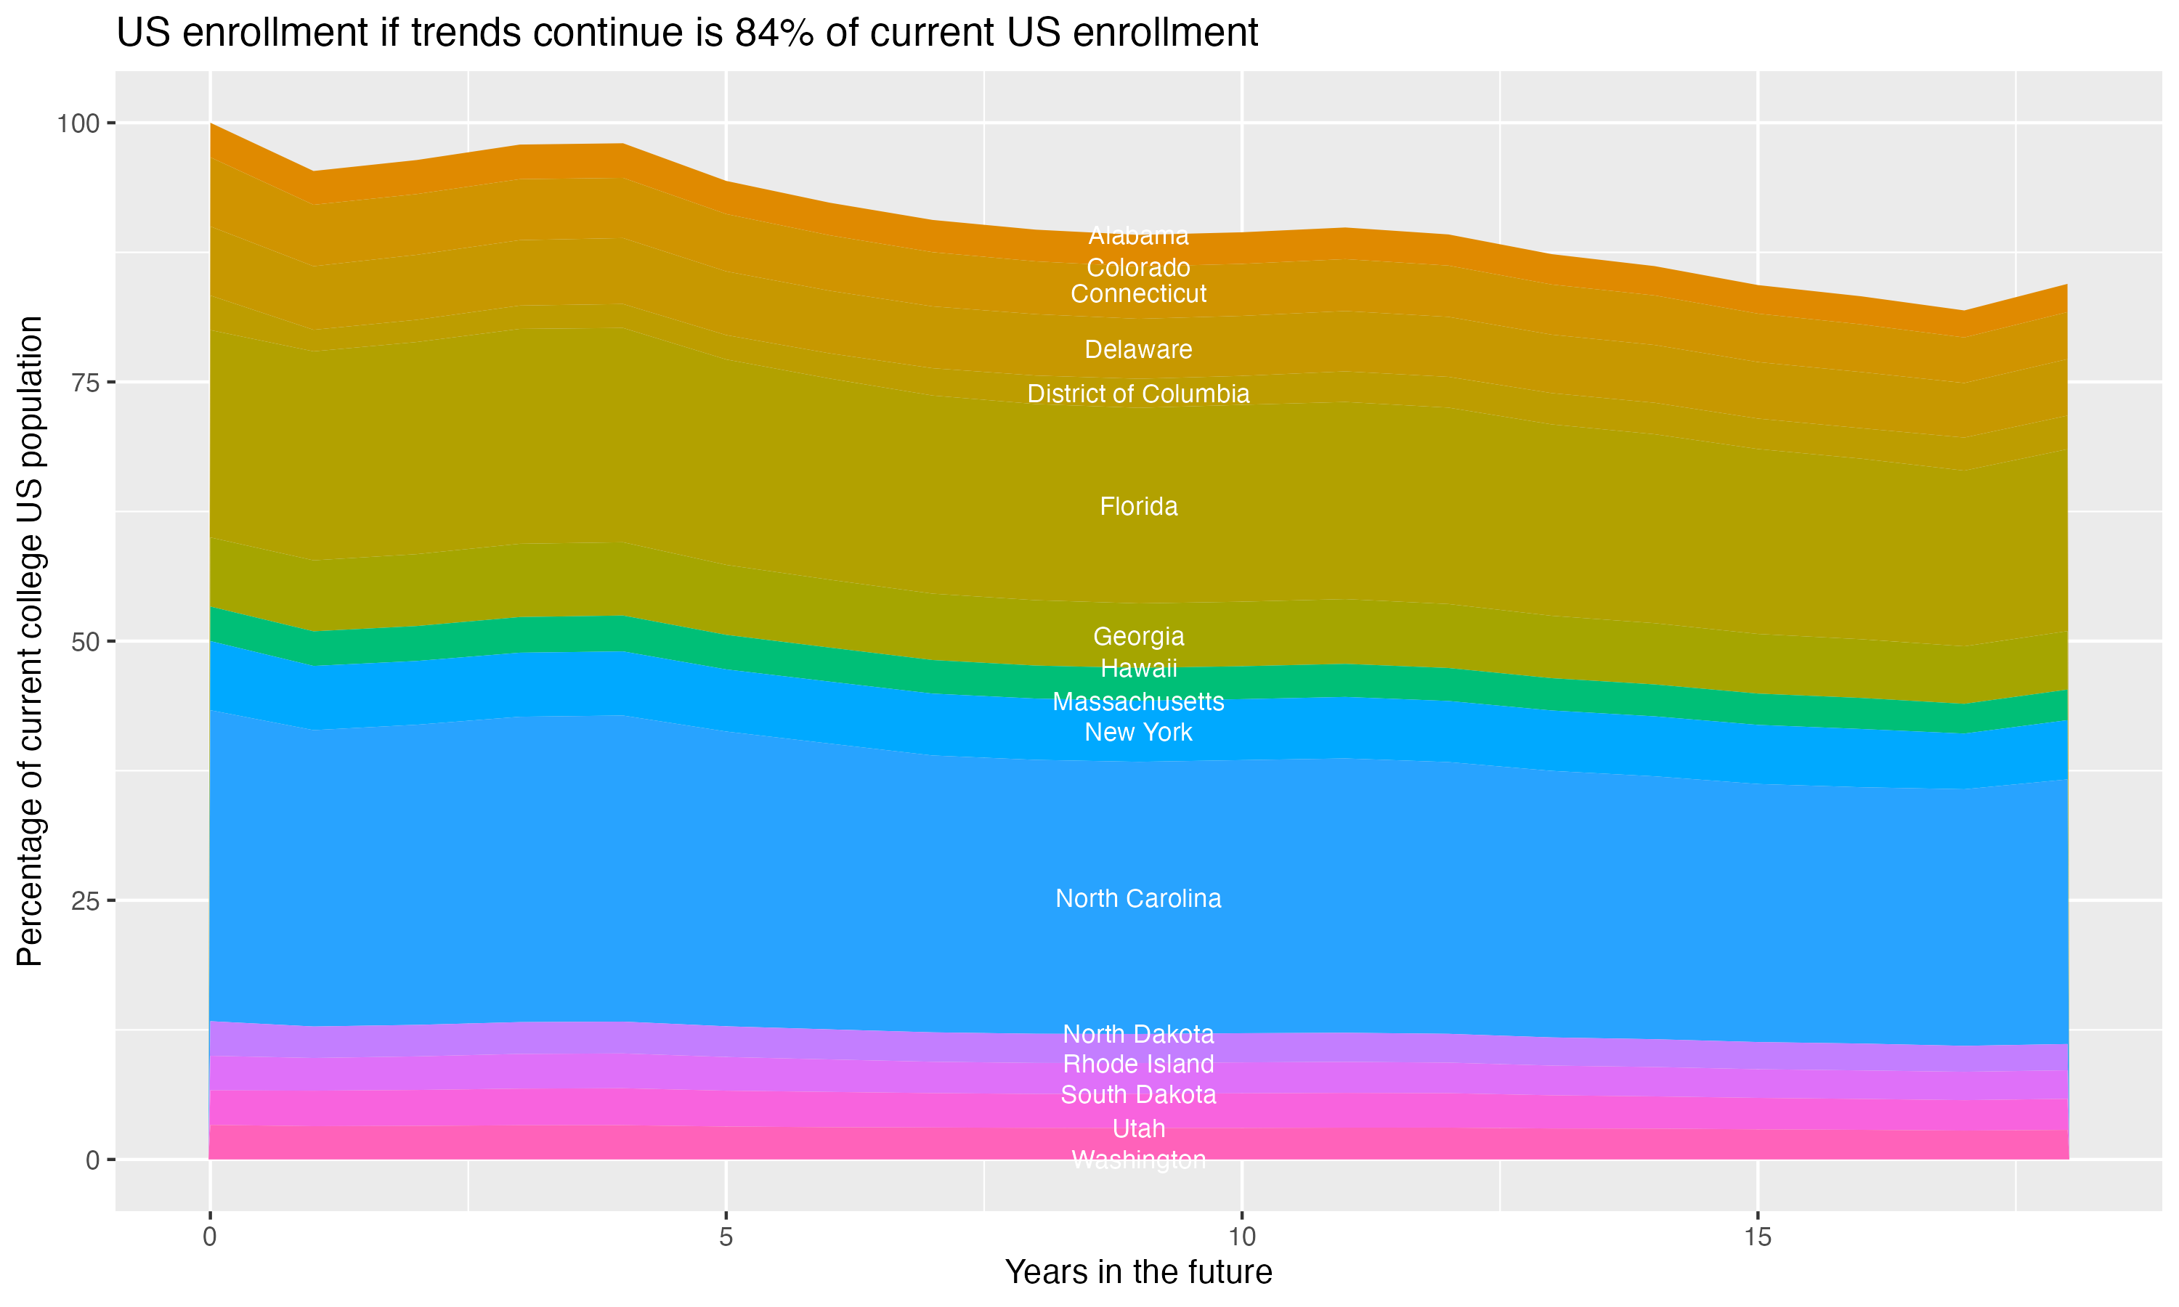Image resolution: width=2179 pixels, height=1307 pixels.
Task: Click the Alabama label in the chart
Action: (1138, 236)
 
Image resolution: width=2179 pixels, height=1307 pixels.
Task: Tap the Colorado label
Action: (1138, 267)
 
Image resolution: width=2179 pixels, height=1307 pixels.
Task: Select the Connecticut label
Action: (1138, 293)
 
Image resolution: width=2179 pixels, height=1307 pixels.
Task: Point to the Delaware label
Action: (1138, 350)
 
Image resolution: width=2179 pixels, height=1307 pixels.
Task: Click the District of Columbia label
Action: (1138, 394)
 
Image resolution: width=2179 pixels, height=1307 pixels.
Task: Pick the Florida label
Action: (1138, 506)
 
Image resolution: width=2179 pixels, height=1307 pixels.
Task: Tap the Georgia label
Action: (1138, 636)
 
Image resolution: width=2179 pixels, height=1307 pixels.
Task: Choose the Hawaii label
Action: (1138, 669)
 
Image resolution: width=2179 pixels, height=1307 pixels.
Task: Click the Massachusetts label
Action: (1138, 702)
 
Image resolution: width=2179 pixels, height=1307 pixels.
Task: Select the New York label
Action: (1138, 732)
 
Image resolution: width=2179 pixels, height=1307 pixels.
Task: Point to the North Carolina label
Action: (1138, 898)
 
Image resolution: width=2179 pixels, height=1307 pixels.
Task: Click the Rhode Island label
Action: (1138, 1064)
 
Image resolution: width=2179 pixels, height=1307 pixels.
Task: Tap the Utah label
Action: (1138, 1128)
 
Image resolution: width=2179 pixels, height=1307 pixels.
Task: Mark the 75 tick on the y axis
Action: (86, 382)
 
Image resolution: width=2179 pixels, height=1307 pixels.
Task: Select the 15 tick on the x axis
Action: (1757, 1237)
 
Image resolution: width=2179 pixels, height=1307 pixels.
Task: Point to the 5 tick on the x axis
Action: (726, 1237)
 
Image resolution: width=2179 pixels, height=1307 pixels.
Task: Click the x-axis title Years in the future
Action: (1138, 1271)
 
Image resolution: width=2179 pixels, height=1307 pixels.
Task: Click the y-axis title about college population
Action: (30, 640)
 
